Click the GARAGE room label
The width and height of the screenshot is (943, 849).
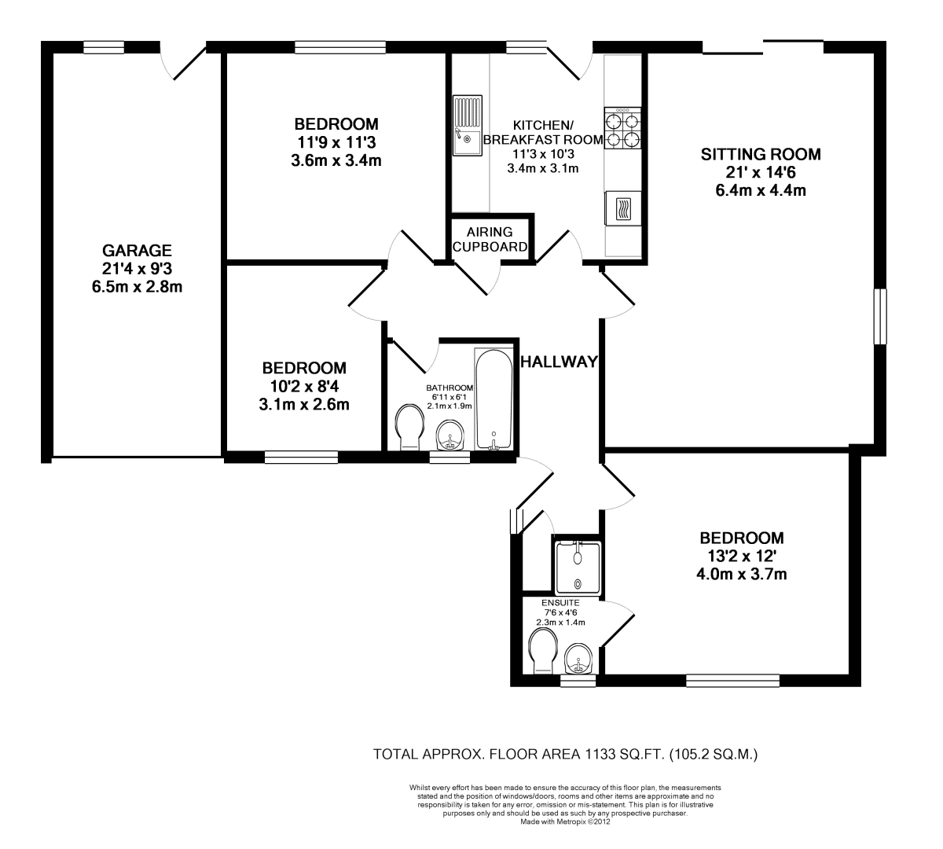138,250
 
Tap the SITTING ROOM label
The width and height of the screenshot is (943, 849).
761,154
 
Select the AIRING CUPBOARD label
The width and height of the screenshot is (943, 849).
490,240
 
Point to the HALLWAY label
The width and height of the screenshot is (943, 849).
559,362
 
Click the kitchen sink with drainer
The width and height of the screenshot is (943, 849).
468,126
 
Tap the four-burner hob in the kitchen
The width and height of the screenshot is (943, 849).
622,128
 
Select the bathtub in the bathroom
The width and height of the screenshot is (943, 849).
494,399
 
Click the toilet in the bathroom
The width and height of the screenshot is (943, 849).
410,427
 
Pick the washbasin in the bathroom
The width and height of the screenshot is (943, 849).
450,435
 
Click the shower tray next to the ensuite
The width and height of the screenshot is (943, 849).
578,568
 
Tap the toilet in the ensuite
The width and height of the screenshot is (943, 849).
543,651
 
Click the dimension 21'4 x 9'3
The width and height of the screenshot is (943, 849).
138,269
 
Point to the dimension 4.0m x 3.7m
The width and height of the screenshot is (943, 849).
741,575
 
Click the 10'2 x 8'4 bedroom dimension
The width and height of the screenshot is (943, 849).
304,387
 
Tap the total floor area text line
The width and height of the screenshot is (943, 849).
565,755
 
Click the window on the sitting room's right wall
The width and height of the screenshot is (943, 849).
880,317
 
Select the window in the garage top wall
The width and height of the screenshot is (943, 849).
104,47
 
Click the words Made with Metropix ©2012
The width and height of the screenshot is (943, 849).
565,821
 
